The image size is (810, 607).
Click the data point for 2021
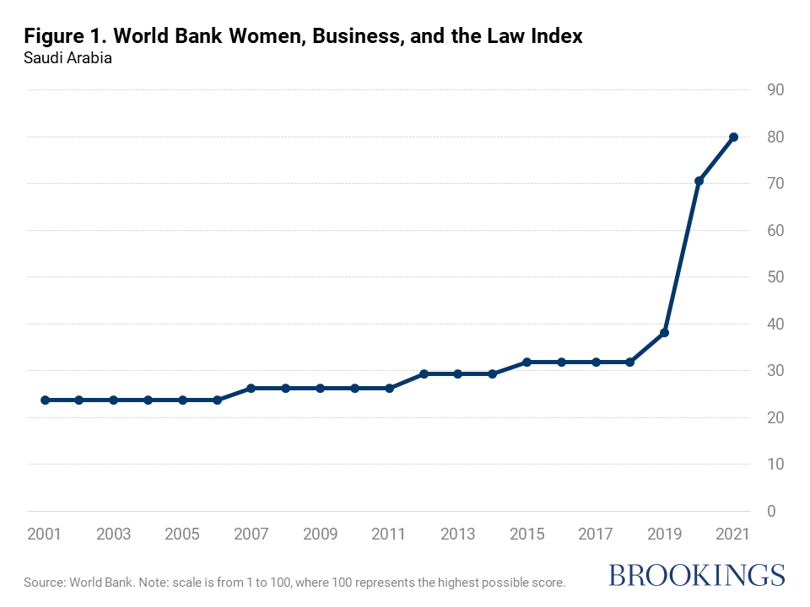[x=733, y=137]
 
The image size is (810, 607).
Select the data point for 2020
[x=699, y=181]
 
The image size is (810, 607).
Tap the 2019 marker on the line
[x=664, y=332]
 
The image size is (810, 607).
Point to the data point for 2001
[x=45, y=400]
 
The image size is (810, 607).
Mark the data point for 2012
[x=424, y=373]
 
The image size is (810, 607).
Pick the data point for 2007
[x=251, y=389]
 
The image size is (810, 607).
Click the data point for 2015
[x=526, y=362]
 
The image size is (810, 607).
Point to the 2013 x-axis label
[x=457, y=534]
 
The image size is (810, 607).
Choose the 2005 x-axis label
[x=182, y=534]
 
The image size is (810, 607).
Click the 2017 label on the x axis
[x=596, y=534]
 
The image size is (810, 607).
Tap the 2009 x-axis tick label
[x=320, y=534]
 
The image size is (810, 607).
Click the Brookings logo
[x=696, y=575]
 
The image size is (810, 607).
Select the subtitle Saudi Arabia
[x=67, y=59]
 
